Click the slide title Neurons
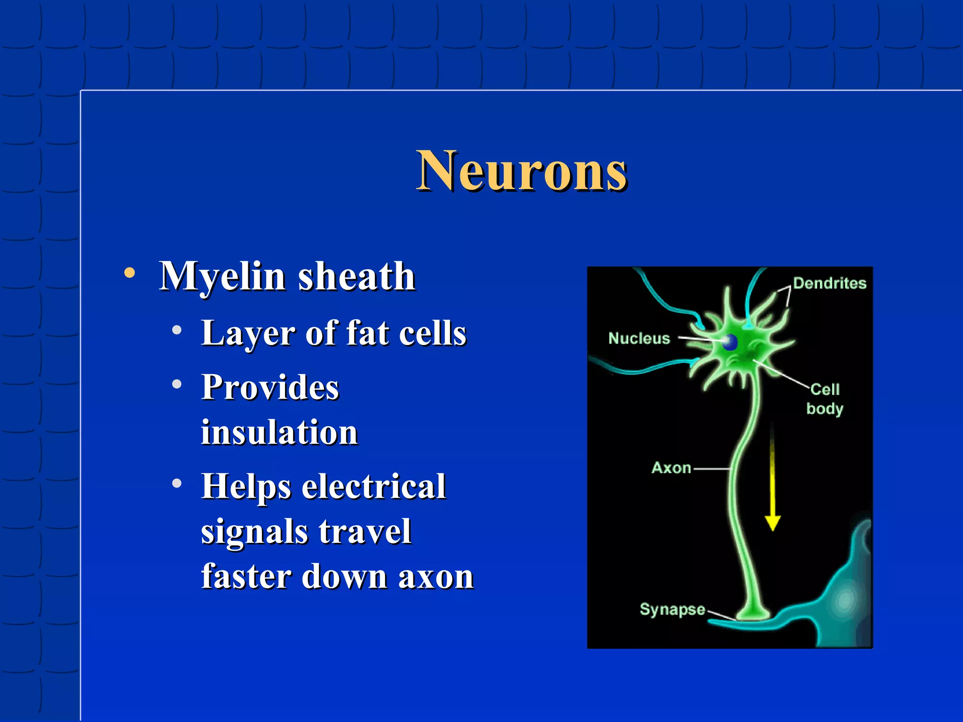[x=521, y=171]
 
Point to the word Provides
[x=270, y=387]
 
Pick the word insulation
[x=279, y=432]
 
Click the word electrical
[x=373, y=486]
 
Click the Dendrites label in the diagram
[x=829, y=283]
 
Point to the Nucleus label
[x=639, y=338]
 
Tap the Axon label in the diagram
[x=671, y=468]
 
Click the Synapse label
[x=672, y=609]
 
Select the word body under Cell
[x=825, y=408]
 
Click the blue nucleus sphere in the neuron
[x=730, y=342]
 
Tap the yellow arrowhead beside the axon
[x=773, y=522]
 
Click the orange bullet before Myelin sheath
[x=130, y=273]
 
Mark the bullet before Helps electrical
[x=177, y=483]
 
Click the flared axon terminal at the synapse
[x=753, y=612]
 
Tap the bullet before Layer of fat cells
[x=177, y=330]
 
